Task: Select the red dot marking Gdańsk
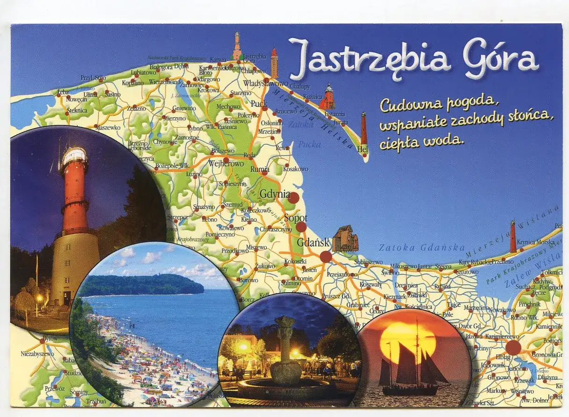click(326, 257)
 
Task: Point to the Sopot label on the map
click(296, 218)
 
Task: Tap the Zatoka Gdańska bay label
click(422, 248)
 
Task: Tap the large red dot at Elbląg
click(513, 347)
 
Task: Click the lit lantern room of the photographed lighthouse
click(74, 157)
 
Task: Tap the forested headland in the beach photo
click(140, 284)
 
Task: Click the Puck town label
click(258, 103)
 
